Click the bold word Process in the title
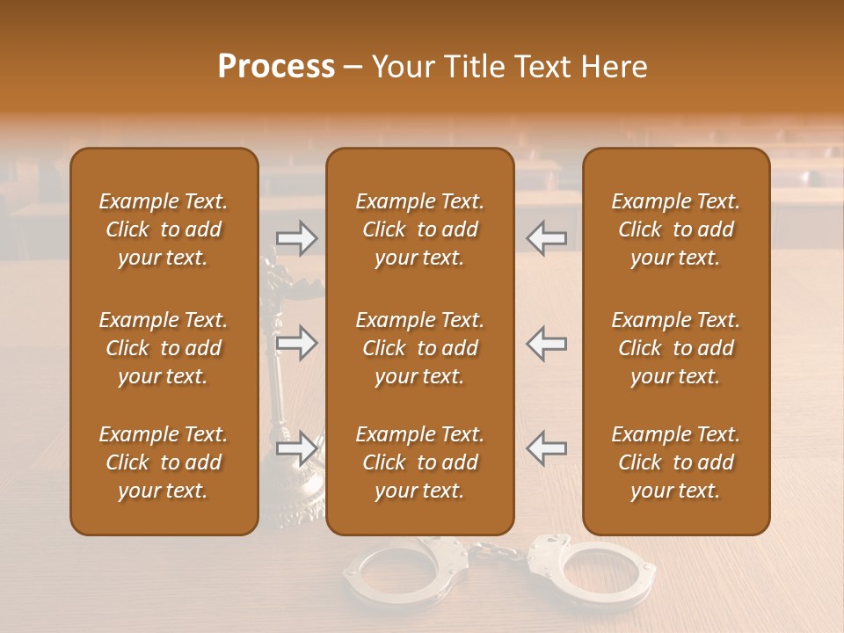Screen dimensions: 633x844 pyautogui.click(x=276, y=66)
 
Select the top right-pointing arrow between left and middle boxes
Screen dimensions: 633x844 pyautogui.click(x=296, y=237)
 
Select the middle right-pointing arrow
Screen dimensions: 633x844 pyautogui.click(x=296, y=343)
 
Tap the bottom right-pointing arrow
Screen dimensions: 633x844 pyautogui.click(x=296, y=448)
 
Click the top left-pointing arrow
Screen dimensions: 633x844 pyautogui.click(x=546, y=237)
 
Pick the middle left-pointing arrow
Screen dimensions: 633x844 pyautogui.click(x=546, y=343)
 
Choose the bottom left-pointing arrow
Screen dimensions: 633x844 pyautogui.click(x=546, y=448)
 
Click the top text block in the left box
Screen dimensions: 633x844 pyautogui.click(x=164, y=229)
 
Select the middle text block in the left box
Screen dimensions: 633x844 pyautogui.click(x=164, y=348)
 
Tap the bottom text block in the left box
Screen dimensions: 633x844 pyautogui.click(x=164, y=462)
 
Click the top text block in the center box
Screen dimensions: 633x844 pyautogui.click(x=419, y=229)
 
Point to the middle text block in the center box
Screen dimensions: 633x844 pyautogui.click(x=419, y=348)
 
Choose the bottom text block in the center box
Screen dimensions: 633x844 pyautogui.click(x=419, y=462)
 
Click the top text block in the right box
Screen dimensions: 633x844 pyautogui.click(x=675, y=229)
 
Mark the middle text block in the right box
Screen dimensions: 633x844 pyautogui.click(x=675, y=348)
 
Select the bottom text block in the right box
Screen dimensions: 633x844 pyautogui.click(x=675, y=462)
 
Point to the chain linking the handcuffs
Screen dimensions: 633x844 pyautogui.click(x=498, y=552)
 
